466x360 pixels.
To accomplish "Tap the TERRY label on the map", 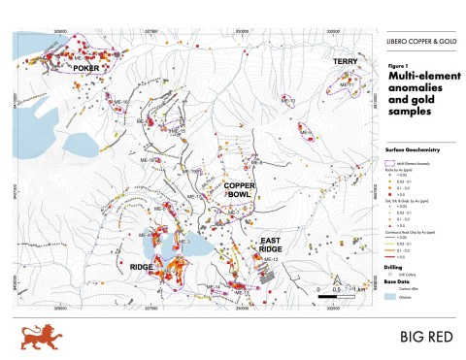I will [347, 61].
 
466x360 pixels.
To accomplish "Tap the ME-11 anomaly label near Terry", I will [344, 85].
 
